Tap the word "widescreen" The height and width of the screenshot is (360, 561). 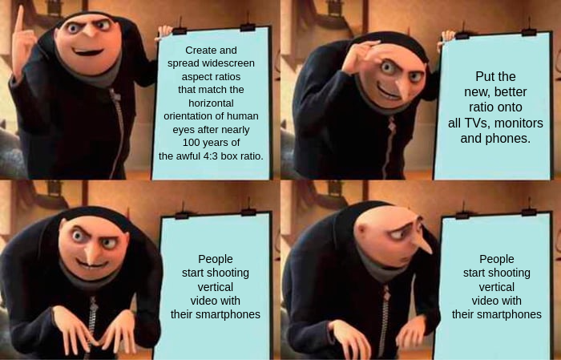tap(228, 63)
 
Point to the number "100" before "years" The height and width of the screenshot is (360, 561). tap(191, 143)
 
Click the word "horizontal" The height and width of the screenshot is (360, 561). tap(211, 103)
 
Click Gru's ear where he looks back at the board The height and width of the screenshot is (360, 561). tap(361, 230)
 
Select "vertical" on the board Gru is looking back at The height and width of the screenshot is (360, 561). tap(497, 287)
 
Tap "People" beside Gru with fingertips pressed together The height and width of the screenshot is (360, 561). tap(216, 259)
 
